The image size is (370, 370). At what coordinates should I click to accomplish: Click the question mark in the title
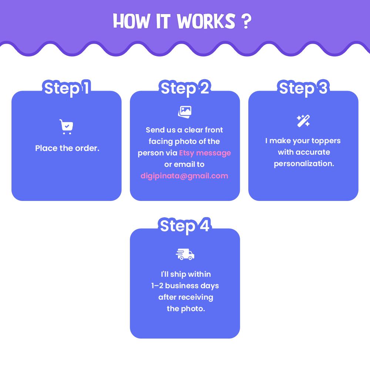point(246,21)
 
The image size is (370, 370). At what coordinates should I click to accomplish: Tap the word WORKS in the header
point(206,21)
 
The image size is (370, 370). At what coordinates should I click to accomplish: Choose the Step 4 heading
point(185,226)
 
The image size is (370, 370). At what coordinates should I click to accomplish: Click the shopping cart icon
point(66,127)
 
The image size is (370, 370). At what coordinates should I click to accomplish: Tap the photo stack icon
point(185,112)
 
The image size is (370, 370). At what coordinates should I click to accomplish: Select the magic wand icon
point(303,121)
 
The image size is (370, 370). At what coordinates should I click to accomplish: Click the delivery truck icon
point(185,254)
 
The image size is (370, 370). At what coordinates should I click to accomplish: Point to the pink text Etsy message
point(205,153)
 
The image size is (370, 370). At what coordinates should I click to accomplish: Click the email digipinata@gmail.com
point(184,176)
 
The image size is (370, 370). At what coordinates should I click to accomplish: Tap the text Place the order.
point(67,148)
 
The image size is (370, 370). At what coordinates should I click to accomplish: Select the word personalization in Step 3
point(304,164)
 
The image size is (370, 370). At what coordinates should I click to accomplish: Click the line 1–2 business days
point(185,286)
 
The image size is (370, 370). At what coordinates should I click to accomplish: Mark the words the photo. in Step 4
point(186,309)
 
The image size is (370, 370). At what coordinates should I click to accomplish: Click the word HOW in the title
point(131,21)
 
